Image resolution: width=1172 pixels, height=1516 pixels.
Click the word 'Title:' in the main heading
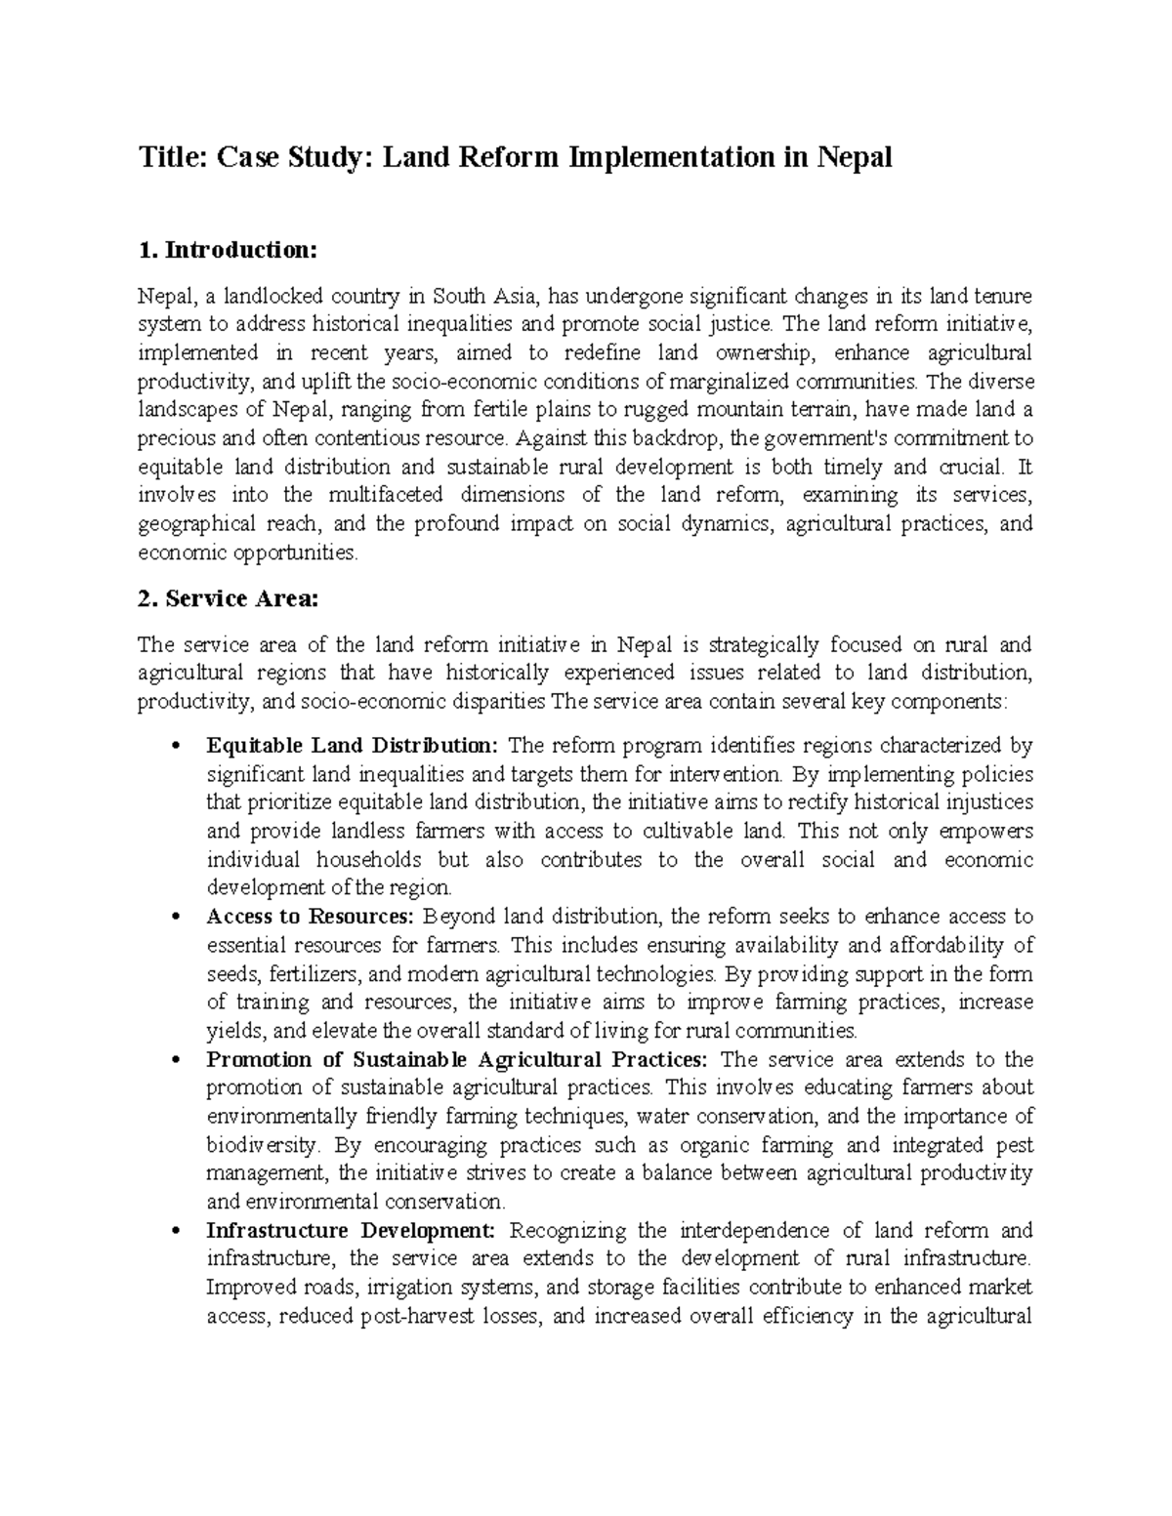tap(172, 157)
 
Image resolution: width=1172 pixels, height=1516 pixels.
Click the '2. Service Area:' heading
tap(229, 599)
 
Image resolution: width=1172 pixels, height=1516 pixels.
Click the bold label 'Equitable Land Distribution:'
tap(353, 746)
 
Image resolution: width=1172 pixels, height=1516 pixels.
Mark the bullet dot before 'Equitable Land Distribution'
tap(174, 748)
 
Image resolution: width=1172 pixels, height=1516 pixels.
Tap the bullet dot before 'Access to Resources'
tap(174, 919)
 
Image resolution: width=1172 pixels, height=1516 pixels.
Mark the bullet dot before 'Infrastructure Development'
tap(174, 1232)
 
